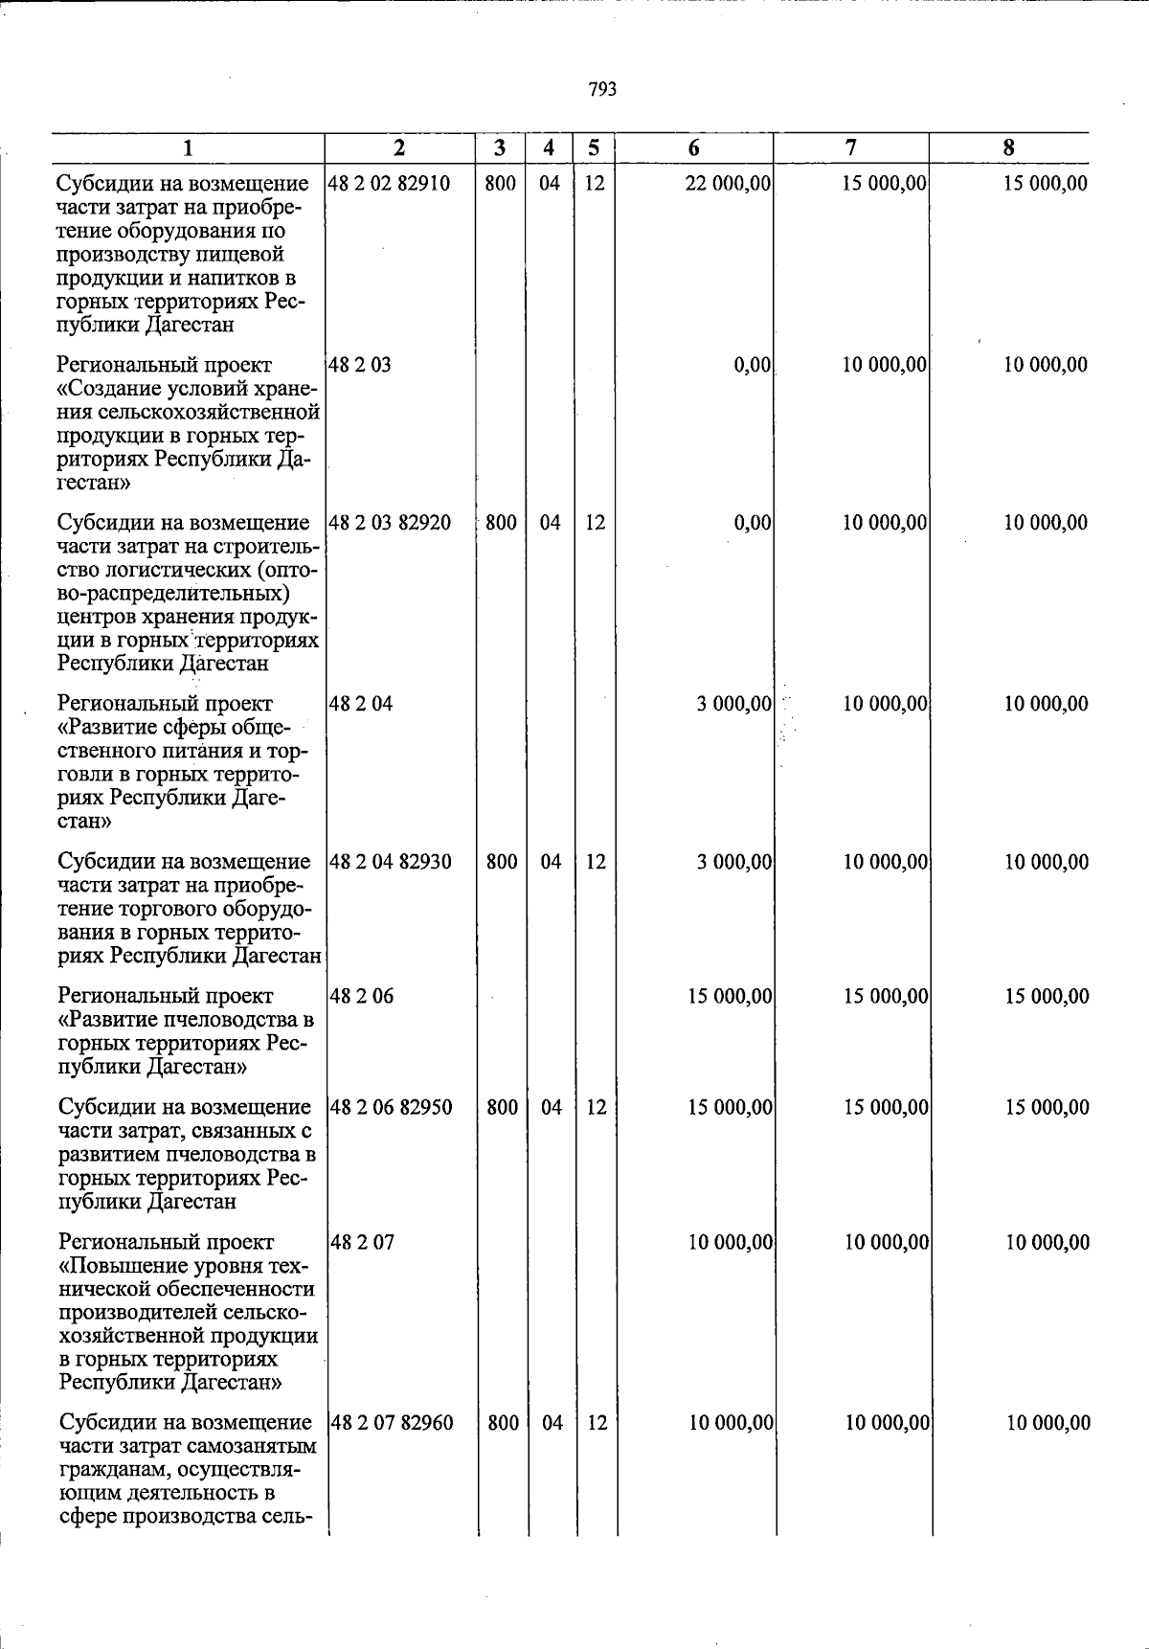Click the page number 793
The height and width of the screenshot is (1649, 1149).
coord(602,90)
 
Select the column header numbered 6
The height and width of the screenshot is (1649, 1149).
coord(693,147)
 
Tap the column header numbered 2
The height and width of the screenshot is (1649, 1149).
coord(399,147)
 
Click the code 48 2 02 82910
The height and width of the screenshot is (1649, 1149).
coord(389,183)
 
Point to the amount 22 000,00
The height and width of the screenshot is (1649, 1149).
coord(728,183)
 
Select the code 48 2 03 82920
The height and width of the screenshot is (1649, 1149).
coord(390,523)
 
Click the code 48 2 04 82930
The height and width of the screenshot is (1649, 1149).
coord(391,862)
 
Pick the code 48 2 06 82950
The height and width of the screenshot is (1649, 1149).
coord(391,1108)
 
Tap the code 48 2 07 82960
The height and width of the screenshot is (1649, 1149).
coord(392,1423)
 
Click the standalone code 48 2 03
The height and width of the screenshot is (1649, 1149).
coord(360,365)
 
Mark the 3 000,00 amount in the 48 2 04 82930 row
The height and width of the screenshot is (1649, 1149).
coord(734,862)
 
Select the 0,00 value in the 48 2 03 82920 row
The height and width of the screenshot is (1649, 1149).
coord(753,523)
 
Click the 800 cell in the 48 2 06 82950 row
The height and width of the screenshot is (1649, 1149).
coord(503,1108)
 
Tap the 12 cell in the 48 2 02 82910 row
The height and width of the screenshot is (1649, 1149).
coord(595,183)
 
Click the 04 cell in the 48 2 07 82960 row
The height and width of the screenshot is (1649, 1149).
coord(552,1423)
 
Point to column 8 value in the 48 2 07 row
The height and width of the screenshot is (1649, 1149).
coord(1048,1243)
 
